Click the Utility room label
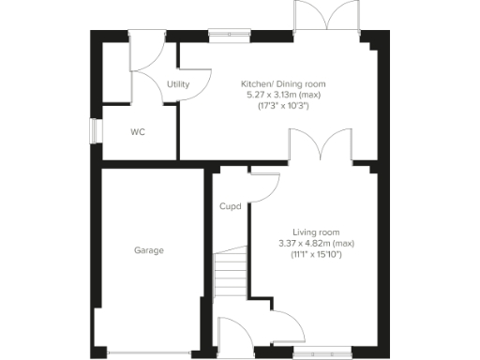[x=178, y=84]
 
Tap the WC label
[x=137, y=132]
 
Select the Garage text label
[x=148, y=250]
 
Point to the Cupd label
[x=231, y=206]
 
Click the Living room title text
[x=316, y=232]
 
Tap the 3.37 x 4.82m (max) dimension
[x=316, y=244]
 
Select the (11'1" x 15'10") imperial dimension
[x=316, y=255]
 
